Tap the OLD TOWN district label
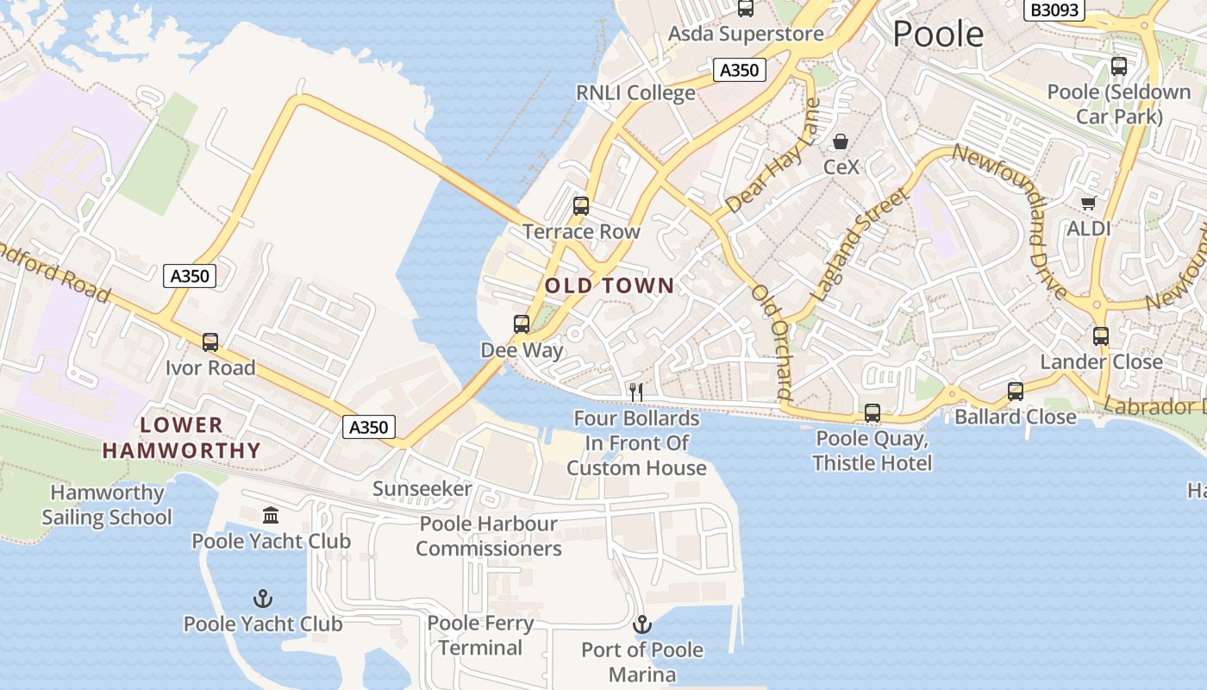(x=610, y=285)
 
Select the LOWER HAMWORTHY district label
(x=181, y=437)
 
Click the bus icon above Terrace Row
(x=581, y=206)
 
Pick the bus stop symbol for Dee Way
(x=522, y=324)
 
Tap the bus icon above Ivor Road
(x=210, y=342)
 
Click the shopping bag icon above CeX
(x=841, y=141)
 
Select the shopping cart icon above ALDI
(x=1088, y=204)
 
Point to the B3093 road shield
(x=1054, y=10)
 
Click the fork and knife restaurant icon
(x=636, y=392)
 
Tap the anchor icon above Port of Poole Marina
(x=642, y=624)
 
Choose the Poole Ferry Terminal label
(x=480, y=635)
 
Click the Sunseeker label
(x=422, y=489)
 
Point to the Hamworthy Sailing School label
(x=107, y=505)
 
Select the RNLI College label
(x=635, y=92)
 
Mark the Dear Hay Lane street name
(x=773, y=157)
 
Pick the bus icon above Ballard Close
(x=1016, y=392)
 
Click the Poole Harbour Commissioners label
(x=489, y=536)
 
